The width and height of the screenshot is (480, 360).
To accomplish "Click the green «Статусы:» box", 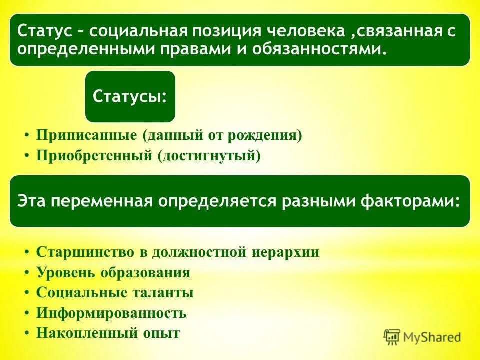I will (130, 96).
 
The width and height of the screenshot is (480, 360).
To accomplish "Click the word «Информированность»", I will (111, 313).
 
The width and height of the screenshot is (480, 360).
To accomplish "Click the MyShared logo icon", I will (392, 337).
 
